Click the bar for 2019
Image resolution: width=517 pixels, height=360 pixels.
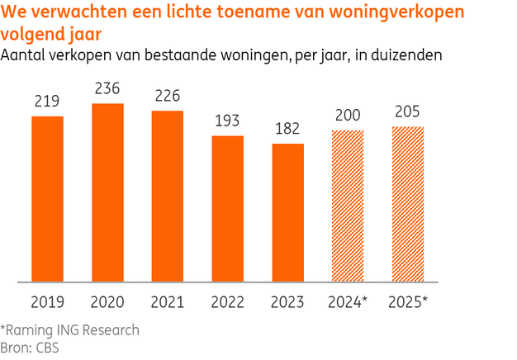47,199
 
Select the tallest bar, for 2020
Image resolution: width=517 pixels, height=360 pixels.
107,192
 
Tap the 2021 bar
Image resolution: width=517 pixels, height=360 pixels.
168,197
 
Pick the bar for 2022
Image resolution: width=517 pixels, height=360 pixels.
228,209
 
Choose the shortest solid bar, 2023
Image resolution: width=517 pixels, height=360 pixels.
288,213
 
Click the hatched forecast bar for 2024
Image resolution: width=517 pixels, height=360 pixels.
348,206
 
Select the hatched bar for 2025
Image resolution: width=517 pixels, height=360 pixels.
408,204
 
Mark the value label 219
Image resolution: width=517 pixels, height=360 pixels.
47,102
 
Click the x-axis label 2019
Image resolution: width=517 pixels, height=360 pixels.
47,302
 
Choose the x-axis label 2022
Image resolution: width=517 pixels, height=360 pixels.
228,302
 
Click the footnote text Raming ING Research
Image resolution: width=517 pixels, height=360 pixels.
73,330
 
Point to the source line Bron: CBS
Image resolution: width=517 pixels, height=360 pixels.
31,347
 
